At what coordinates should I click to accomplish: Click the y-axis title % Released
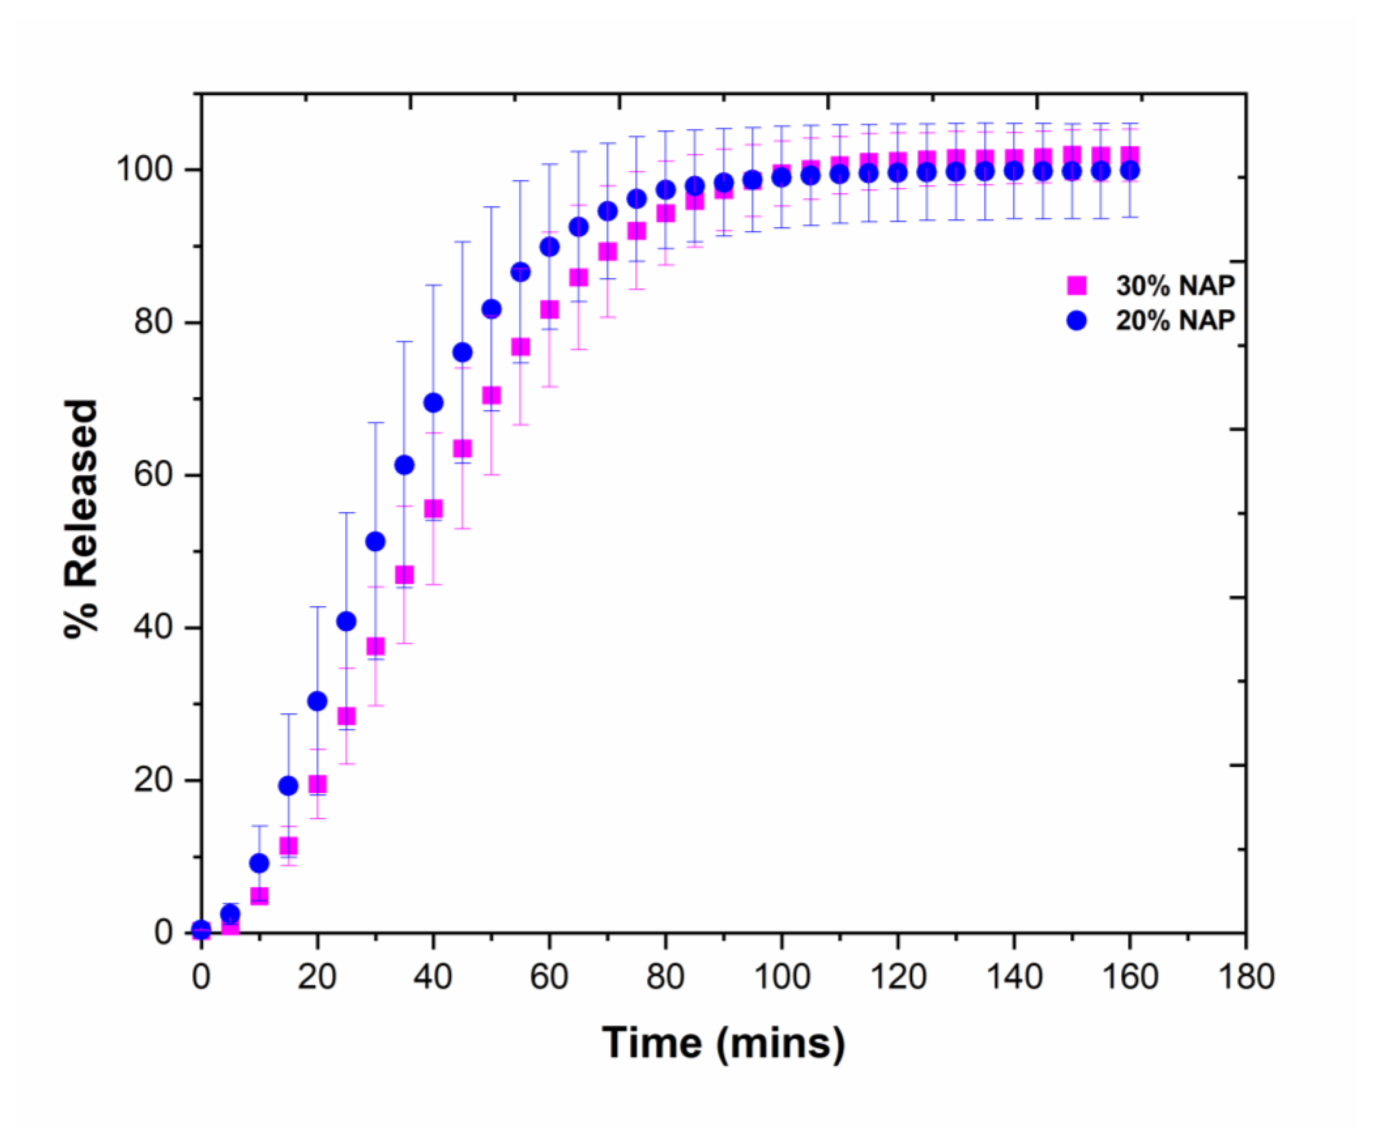81,518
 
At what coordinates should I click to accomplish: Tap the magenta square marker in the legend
1076,285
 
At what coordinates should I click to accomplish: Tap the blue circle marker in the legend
1076,320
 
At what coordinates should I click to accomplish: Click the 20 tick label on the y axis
152,779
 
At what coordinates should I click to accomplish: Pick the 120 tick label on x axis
898,977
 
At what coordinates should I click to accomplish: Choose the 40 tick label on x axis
433,977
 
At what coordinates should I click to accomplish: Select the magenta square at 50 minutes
491,395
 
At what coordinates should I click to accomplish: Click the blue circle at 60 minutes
549,247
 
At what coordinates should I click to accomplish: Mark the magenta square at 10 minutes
259,895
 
